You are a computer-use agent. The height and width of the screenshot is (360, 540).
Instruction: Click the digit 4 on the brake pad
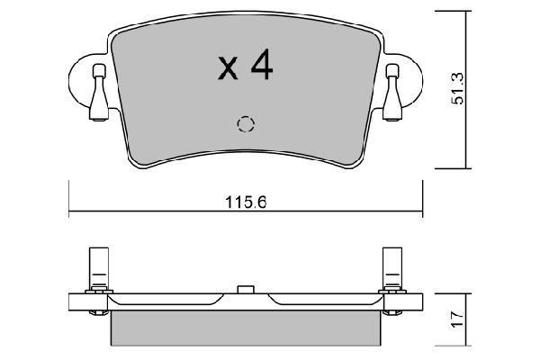[x=261, y=67]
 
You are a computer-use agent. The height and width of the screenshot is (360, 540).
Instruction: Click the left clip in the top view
[x=99, y=92]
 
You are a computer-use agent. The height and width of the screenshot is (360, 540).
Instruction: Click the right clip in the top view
[x=392, y=92]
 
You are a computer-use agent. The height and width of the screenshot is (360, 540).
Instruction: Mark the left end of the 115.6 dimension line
[x=70, y=213]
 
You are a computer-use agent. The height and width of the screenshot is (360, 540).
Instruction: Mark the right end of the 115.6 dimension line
[x=421, y=213]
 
